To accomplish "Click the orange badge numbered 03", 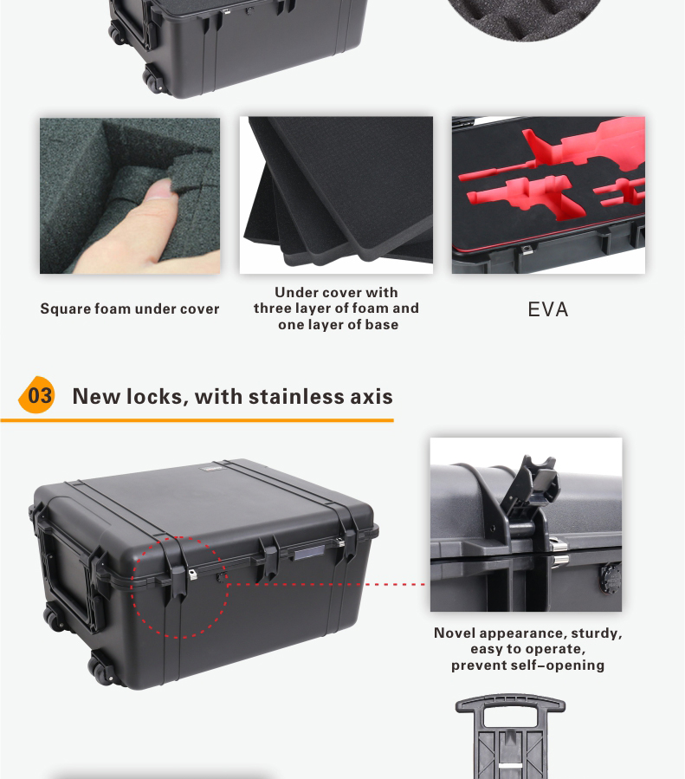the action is point(36,395).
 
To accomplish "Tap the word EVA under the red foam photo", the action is point(548,309).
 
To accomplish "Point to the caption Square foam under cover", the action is point(130,308).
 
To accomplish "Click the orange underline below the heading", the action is point(197,420).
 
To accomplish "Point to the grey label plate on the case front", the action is point(309,551).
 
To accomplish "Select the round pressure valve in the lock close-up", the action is point(611,579).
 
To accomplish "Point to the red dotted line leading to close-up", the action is point(326,584).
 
